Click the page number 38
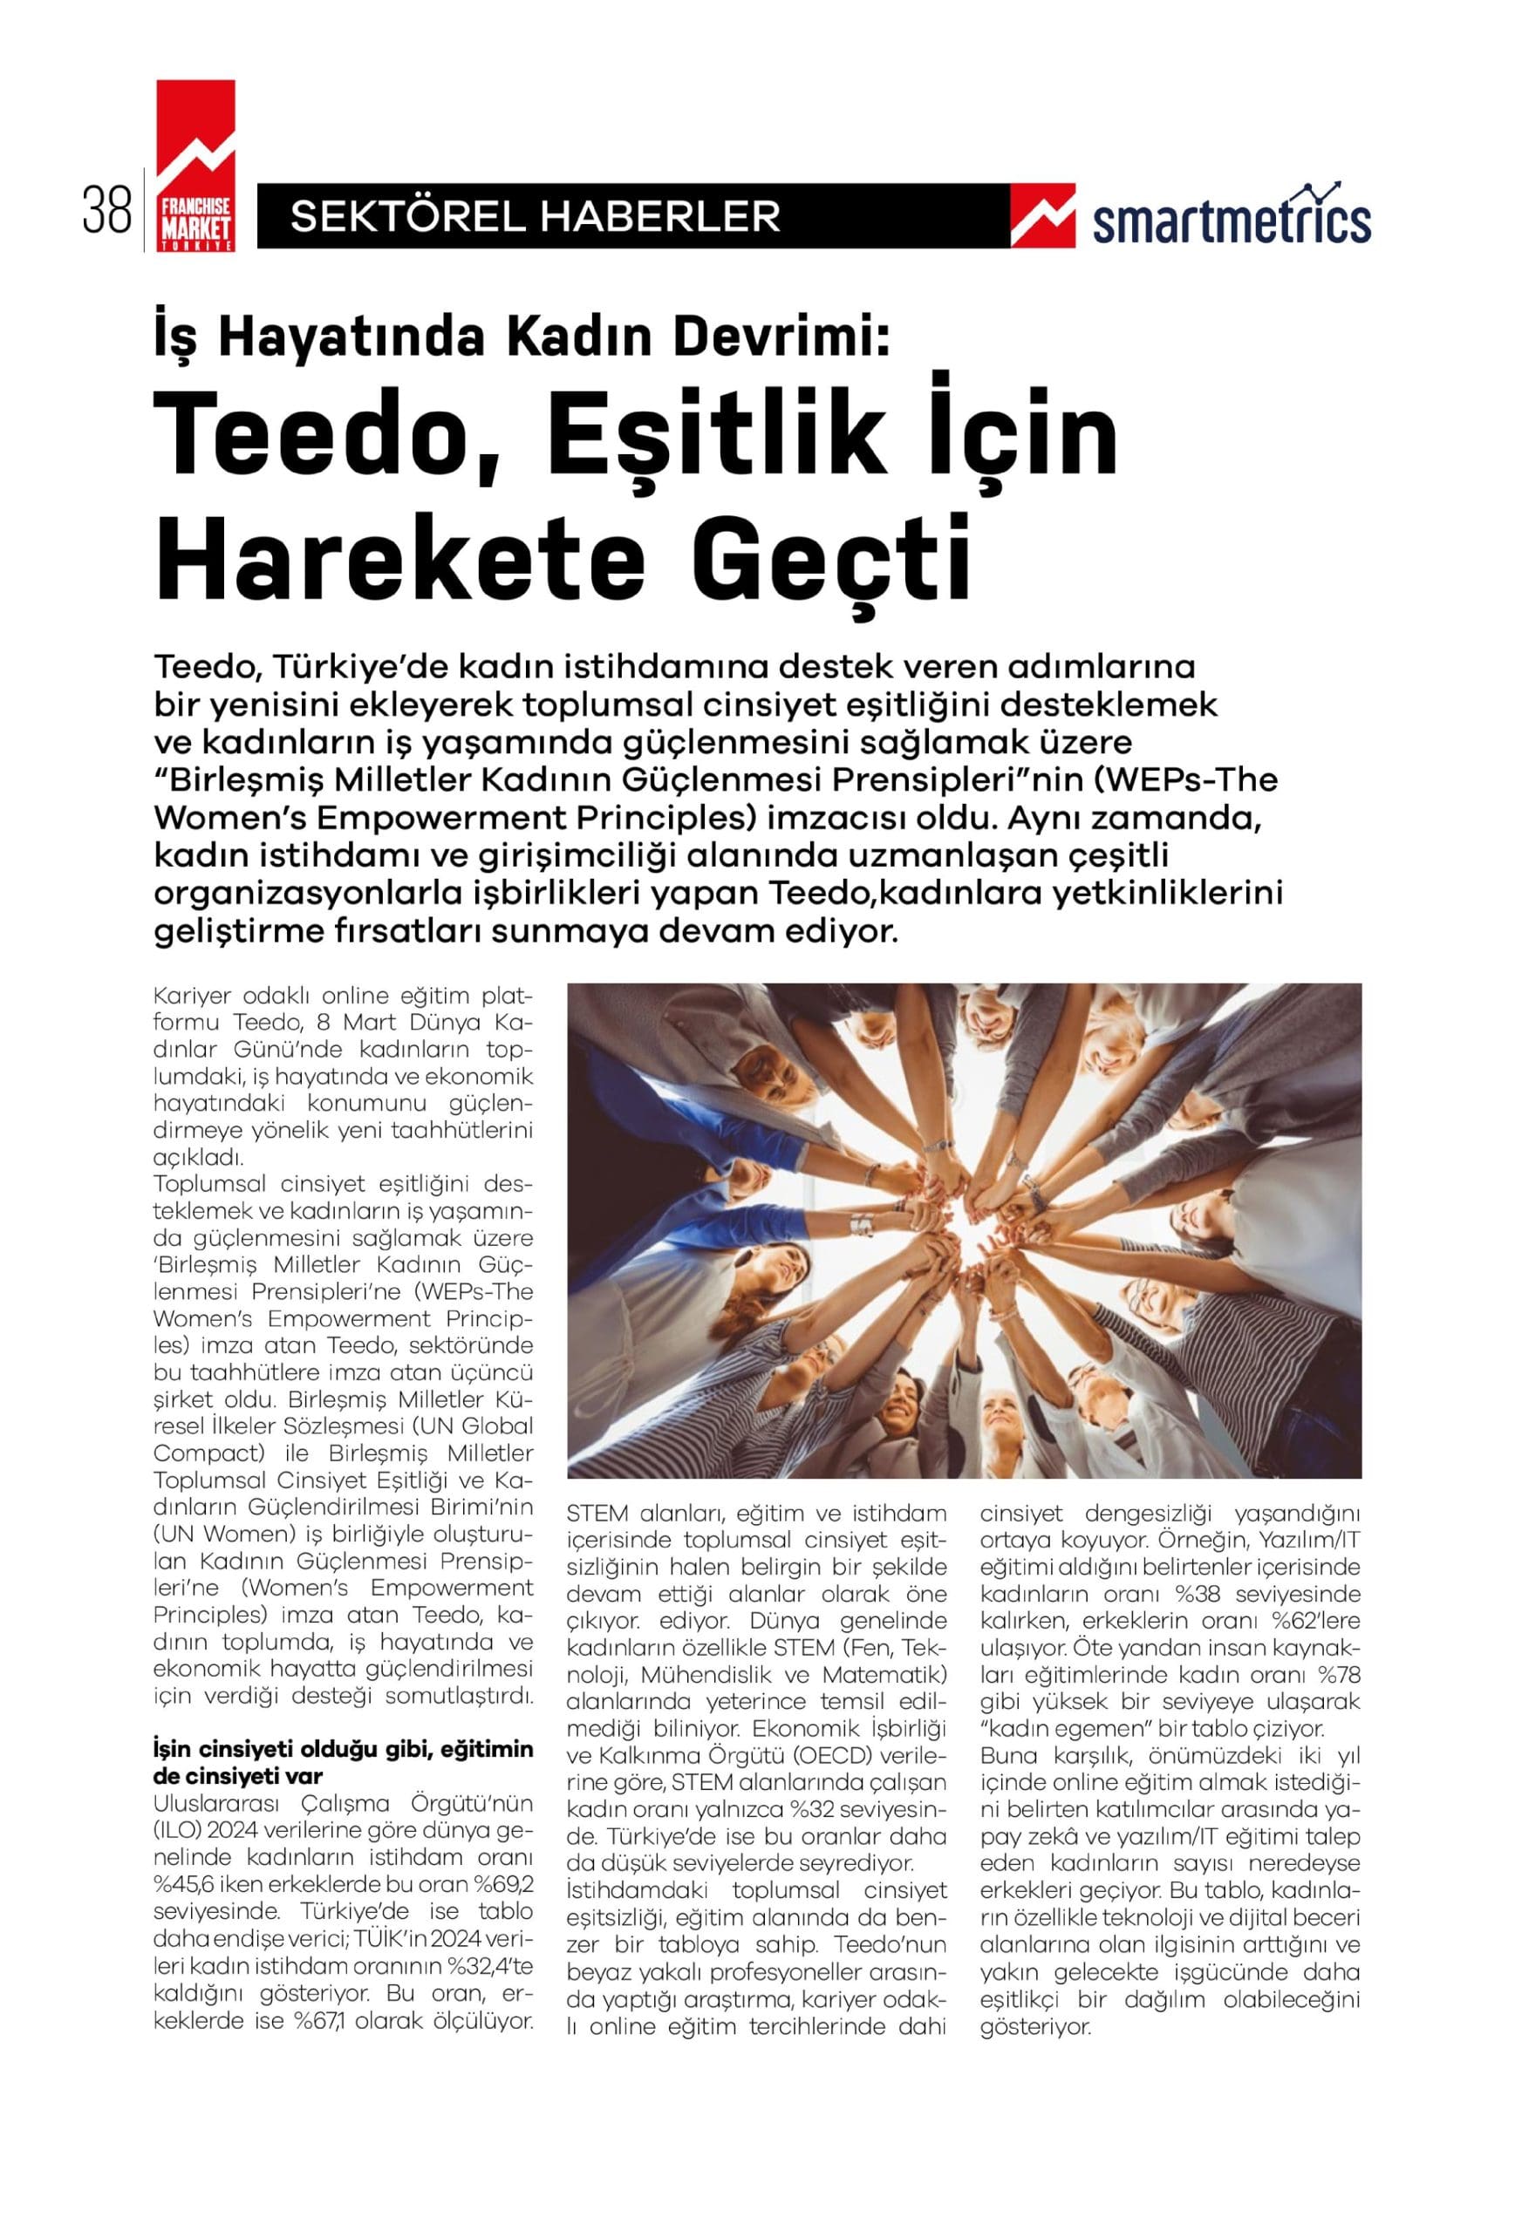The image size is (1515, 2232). pos(106,214)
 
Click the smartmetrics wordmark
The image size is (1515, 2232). pos(1232,220)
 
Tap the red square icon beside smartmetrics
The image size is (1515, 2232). pos(1042,217)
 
